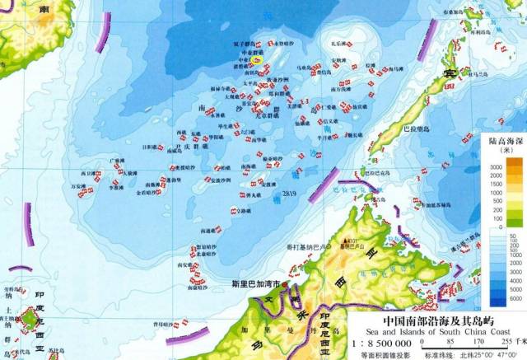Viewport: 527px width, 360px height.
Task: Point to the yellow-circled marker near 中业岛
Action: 257,59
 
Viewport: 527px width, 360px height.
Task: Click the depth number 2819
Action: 288,194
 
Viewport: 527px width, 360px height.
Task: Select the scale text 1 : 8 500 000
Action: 380,339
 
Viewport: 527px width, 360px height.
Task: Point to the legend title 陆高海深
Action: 500,142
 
